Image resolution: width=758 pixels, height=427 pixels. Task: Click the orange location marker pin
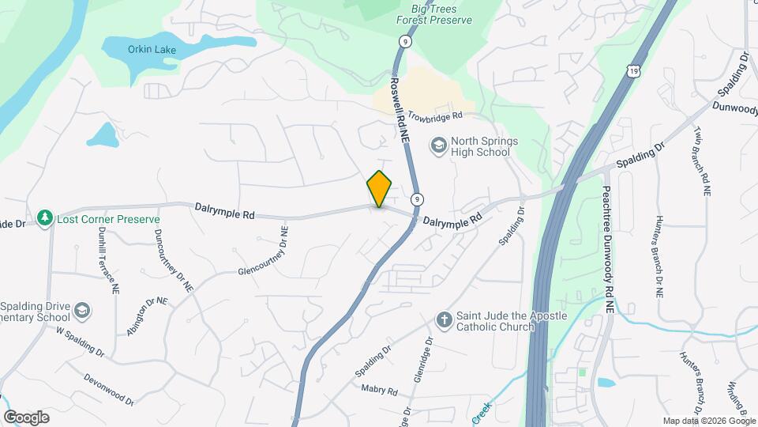click(x=379, y=189)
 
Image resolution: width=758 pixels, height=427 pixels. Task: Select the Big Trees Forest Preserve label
click(x=435, y=13)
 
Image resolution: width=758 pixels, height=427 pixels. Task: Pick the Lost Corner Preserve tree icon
click(x=46, y=218)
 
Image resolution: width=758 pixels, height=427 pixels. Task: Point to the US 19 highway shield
click(x=634, y=72)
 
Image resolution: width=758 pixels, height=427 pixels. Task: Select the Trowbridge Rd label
click(x=435, y=116)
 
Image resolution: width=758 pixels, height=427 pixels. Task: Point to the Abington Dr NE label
click(x=148, y=316)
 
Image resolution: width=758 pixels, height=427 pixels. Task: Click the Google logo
click(x=26, y=417)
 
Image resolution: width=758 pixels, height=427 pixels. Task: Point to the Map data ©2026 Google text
click(x=708, y=420)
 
